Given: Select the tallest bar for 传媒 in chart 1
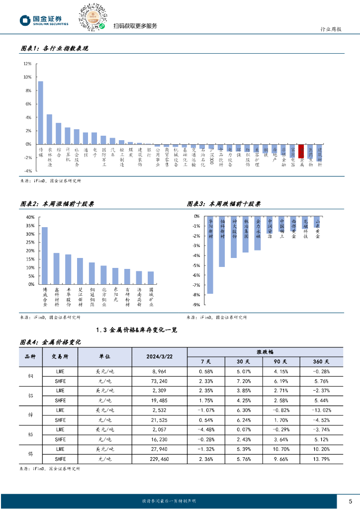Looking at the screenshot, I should tap(41, 112).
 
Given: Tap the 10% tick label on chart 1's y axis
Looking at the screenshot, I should tap(27, 77).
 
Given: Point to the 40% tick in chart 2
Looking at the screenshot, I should tap(29, 217).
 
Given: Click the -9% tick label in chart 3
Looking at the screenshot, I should tap(196, 305).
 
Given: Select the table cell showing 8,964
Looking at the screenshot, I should tap(159, 371).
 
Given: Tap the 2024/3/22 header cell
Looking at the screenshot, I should tap(159, 356).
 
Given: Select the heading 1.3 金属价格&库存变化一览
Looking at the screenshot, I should tap(137, 329).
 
